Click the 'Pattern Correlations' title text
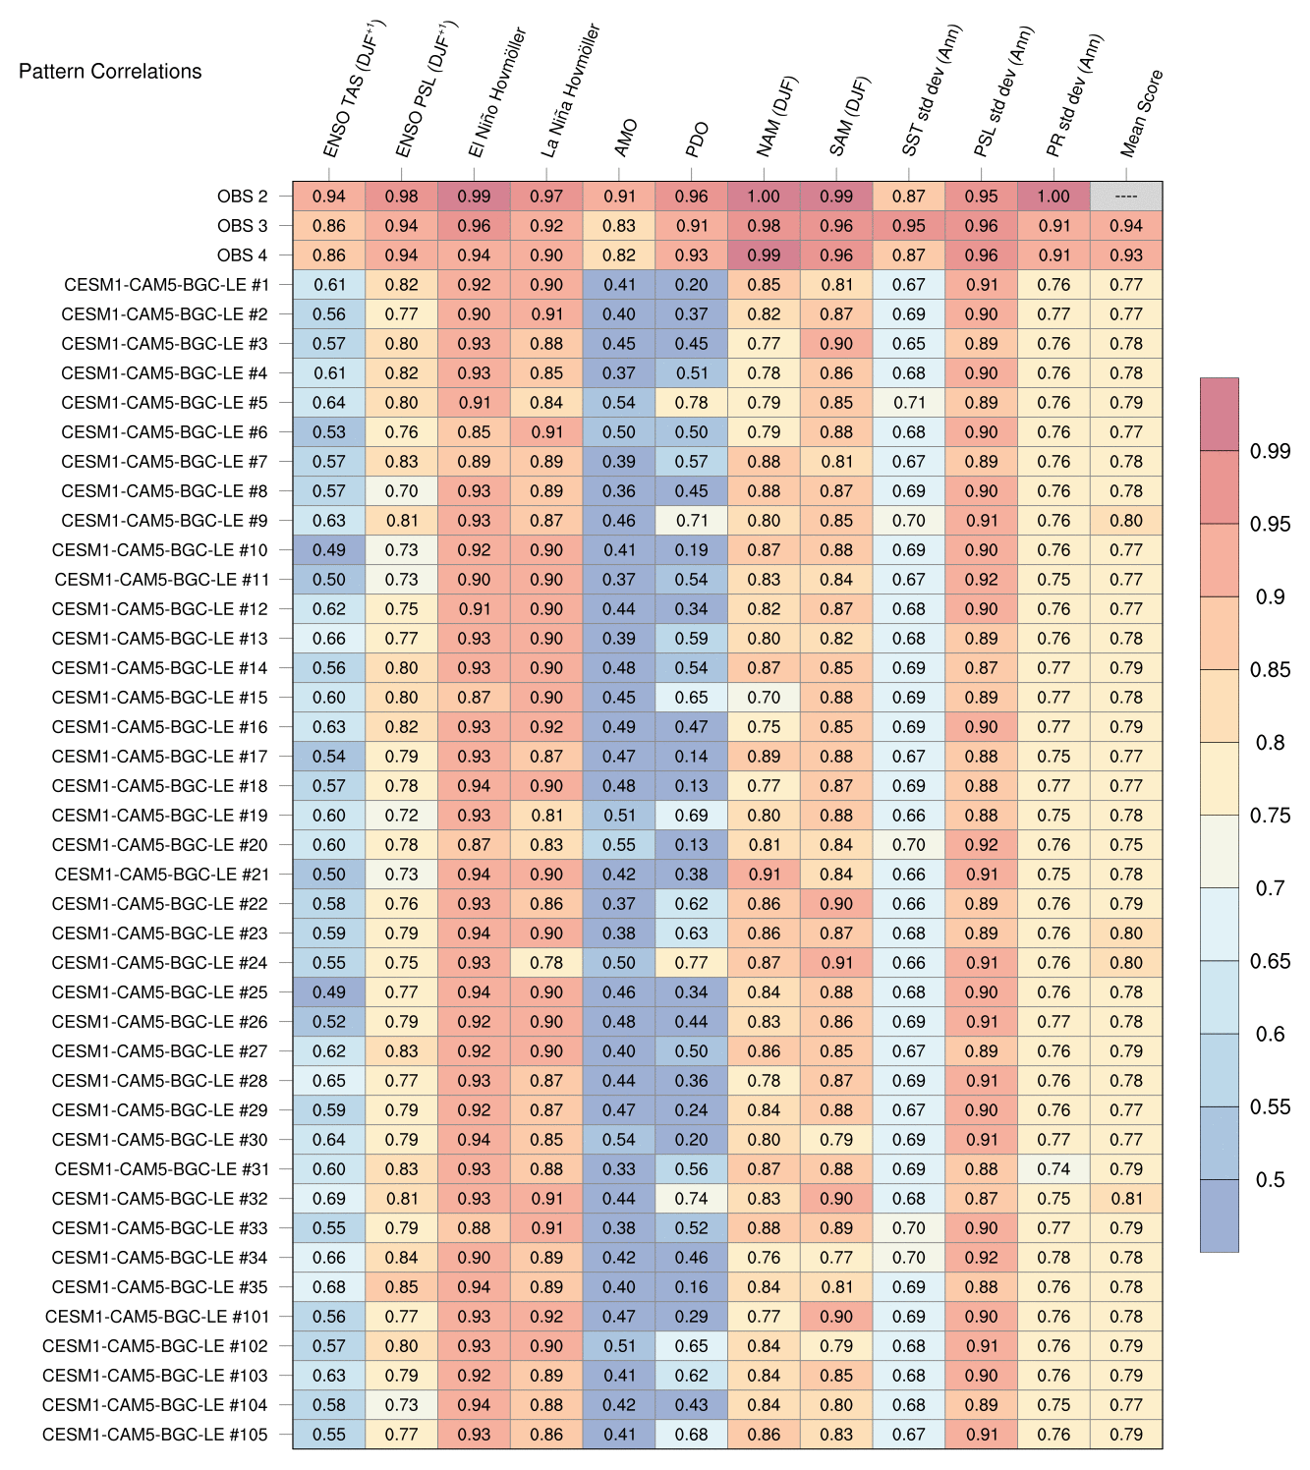pos(110,71)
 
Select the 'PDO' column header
pos(697,140)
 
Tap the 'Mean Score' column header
pos(1142,114)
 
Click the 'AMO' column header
pos(625,139)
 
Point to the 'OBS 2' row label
pos(242,197)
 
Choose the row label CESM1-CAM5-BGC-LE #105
pos(155,1435)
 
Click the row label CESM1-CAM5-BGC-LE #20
pos(159,845)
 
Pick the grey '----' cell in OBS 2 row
pos(1126,197)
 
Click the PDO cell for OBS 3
pos(692,226)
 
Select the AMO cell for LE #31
pos(619,1169)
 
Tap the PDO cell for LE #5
pos(692,403)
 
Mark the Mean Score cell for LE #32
pos(1126,1199)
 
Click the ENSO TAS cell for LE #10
pos(329,550)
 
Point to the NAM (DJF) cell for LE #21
pos(764,875)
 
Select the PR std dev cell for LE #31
pos(1054,1169)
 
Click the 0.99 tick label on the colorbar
pos(1270,451)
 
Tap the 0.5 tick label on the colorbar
pos(1270,1179)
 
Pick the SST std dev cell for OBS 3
pos(909,226)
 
